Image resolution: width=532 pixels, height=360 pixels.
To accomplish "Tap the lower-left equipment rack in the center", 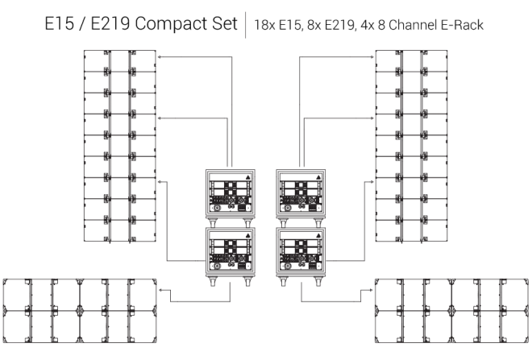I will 231,254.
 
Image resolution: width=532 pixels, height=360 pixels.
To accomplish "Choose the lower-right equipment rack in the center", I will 300,254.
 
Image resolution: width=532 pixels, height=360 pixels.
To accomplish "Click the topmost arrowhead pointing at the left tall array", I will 160,56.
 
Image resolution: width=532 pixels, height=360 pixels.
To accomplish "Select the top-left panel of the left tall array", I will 97,61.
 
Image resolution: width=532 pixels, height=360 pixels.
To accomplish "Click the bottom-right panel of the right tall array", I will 434,231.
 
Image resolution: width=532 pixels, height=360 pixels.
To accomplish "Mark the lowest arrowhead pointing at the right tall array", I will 372,181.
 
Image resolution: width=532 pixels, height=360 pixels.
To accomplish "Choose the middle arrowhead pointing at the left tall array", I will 160,118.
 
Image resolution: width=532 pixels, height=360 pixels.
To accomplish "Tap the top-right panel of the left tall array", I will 143,61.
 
